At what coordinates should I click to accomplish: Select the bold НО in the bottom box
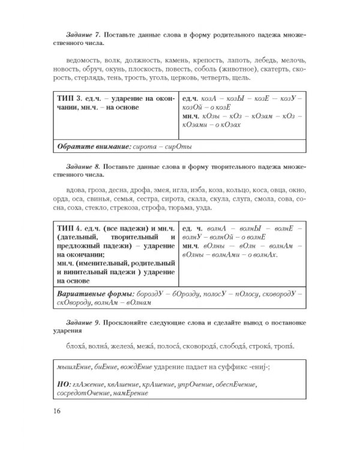[62, 384]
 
